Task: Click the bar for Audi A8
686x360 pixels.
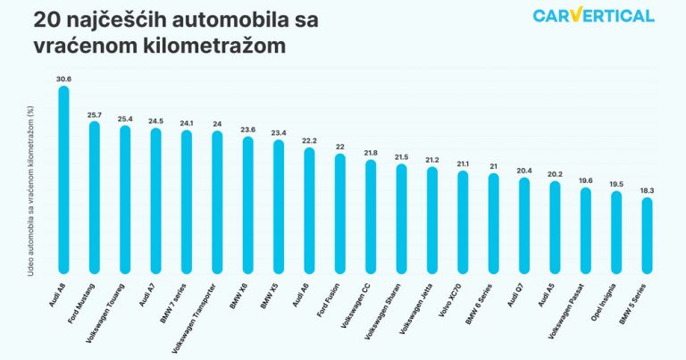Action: [63, 179]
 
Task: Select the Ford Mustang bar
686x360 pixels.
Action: [94, 197]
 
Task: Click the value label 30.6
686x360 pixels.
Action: [63, 80]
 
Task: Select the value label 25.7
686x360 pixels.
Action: [94, 115]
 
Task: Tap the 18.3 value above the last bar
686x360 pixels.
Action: [647, 190]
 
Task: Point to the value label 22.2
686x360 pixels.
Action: [309, 141]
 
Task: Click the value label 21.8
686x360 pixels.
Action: [371, 153]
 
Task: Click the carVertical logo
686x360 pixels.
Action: [593, 15]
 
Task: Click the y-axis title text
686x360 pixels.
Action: [31, 191]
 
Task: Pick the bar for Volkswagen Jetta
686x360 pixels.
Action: [432, 220]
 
